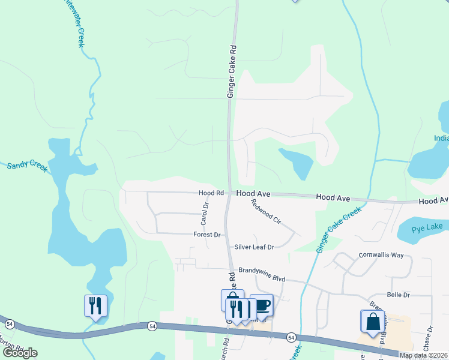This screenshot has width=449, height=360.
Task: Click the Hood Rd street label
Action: [x=211, y=193]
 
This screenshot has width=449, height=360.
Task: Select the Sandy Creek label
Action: [x=27, y=166]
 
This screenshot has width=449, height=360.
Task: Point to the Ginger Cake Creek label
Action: [x=340, y=229]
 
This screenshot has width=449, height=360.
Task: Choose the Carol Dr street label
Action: [x=205, y=214]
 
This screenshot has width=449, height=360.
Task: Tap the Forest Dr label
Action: [x=207, y=235]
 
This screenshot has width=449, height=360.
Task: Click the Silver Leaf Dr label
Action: [x=254, y=247]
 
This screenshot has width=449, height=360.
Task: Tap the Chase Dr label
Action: [x=430, y=339]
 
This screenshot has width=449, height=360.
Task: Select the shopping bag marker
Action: [x=372, y=321]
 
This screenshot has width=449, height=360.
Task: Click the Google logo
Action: [x=20, y=353]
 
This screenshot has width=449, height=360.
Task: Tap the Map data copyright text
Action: [x=423, y=355]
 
